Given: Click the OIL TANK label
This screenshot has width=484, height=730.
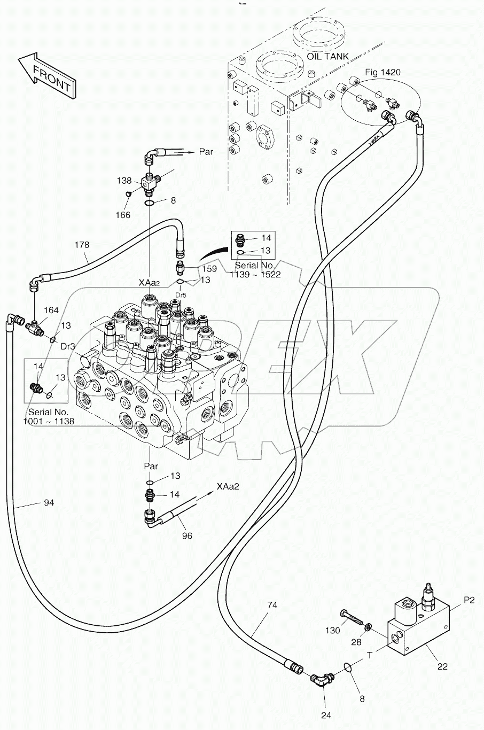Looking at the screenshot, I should (x=327, y=57).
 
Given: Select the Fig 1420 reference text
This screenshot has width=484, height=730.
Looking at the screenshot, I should (x=382, y=72).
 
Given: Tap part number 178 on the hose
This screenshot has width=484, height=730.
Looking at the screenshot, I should (x=82, y=245).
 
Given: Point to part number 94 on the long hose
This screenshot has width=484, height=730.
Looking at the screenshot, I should (x=49, y=503).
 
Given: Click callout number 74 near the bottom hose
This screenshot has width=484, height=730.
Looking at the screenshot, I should (x=272, y=605).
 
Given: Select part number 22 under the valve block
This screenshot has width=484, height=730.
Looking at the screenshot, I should (x=443, y=666).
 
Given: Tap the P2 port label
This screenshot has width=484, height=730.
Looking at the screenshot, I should (x=469, y=600).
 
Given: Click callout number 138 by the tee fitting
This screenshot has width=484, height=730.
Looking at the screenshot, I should (x=124, y=181).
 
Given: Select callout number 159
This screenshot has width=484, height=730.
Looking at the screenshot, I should (x=209, y=269).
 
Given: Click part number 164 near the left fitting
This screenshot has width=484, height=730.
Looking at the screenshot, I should (x=51, y=310).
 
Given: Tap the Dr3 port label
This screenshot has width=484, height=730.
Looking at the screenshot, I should (x=67, y=346).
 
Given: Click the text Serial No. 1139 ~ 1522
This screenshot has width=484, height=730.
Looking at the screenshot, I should (x=255, y=270).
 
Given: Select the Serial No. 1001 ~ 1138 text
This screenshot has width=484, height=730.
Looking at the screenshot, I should (x=49, y=417).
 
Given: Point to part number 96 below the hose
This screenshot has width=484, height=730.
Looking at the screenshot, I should (x=187, y=535).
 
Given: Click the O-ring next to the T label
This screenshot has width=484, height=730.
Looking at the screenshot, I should (x=347, y=667).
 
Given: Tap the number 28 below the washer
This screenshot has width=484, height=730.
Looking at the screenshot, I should (x=356, y=641).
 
